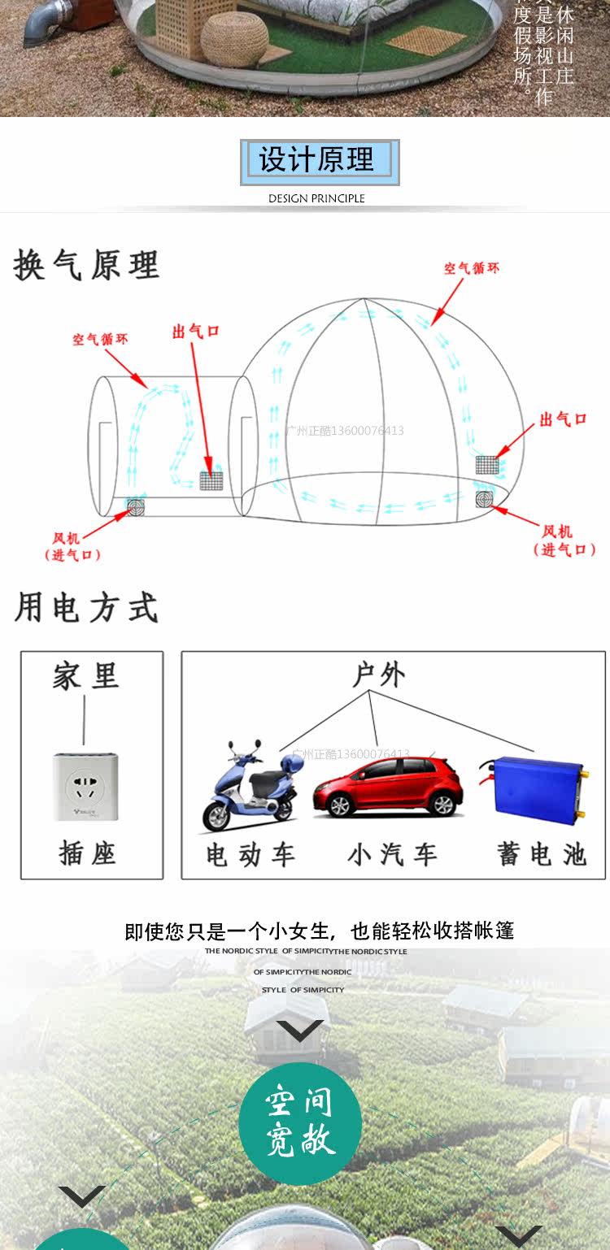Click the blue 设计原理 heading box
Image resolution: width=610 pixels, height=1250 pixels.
pyautogui.click(x=320, y=161)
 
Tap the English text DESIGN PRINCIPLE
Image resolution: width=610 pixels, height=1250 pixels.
pyautogui.click(x=316, y=198)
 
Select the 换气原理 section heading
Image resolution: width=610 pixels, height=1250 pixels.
pyautogui.click(x=86, y=266)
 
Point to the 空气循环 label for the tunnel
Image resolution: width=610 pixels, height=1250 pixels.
pyautogui.click(x=100, y=339)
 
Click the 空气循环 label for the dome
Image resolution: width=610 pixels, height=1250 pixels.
pyautogui.click(x=472, y=268)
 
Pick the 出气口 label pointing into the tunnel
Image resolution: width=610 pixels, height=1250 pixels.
pyautogui.click(x=196, y=332)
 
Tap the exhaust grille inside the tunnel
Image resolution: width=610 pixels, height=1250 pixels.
pyautogui.click(x=211, y=480)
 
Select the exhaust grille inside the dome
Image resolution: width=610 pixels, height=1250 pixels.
pyautogui.click(x=486, y=465)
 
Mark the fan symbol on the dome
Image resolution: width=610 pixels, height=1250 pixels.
pyautogui.click(x=486, y=497)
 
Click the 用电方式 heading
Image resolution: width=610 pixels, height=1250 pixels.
pyautogui.click(x=86, y=608)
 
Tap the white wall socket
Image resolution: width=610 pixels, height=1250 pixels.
pyautogui.click(x=85, y=786)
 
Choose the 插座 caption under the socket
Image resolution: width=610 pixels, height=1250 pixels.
pyautogui.click(x=87, y=853)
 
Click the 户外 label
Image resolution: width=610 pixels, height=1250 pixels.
pyautogui.click(x=378, y=675)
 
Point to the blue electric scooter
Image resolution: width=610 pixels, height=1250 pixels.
pyautogui.click(x=250, y=787)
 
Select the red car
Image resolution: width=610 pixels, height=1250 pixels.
pyautogui.click(x=389, y=786)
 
